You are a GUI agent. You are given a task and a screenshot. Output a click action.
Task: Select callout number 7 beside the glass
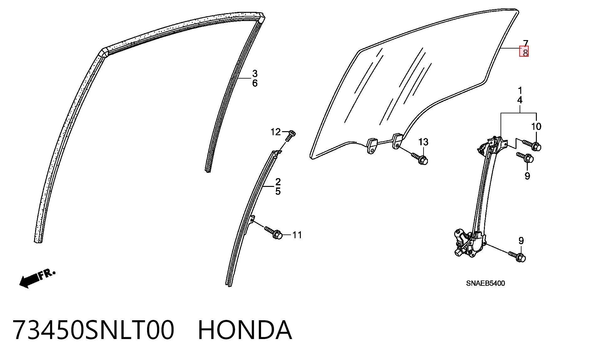pos(526,43)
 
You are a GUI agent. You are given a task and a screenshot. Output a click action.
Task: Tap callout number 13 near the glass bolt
pos(423,142)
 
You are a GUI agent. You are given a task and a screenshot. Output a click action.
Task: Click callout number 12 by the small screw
pos(275,132)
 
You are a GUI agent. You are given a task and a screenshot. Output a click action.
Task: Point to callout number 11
pos(297,235)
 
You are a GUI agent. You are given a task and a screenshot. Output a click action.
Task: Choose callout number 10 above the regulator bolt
pos(536,126)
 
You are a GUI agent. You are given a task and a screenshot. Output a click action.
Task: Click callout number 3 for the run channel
pos(255,74)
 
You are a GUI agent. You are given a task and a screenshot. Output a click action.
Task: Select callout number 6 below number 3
pos(255,83)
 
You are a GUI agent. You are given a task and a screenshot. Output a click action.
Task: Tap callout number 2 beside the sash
pos(278,182)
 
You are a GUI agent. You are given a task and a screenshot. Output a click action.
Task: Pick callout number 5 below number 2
pos(278,191)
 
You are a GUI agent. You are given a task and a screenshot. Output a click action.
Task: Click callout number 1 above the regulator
pos(520,91)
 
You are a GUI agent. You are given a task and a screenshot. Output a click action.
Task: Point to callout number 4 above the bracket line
pos(520,100)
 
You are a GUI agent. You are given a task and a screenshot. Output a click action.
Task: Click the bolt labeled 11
pos(274,233)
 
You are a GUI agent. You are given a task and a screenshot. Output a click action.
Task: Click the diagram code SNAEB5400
pos(485,283)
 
